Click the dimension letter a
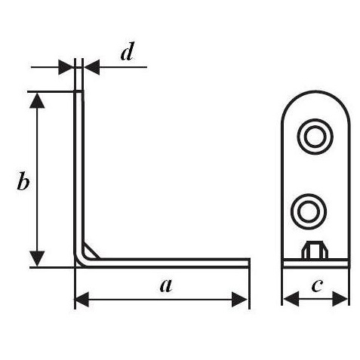(166, 285)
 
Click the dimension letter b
(23, 180)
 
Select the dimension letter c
(317, 286)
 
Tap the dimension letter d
(127, 51)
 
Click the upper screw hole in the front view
(315, 137)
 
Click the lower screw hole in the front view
(309, 211)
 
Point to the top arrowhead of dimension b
(37, 100)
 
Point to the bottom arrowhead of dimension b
(37, 258)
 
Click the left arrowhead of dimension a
(82, 300)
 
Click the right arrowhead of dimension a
(239, 300)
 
